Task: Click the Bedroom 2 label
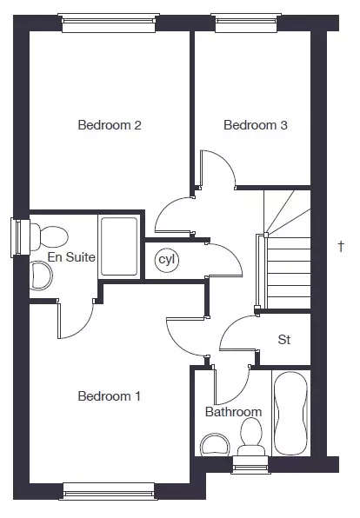click(x=110, y=125)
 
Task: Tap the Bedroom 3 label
click(x=255, y=125)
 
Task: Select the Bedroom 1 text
click(x=109, y=396)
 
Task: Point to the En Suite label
click(x=71, y=257)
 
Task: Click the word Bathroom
click(x=233, y=412)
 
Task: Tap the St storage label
click(x=284, y=340)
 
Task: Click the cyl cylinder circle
click(x=167, y=260)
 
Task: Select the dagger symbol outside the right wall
click(x=341, y=246)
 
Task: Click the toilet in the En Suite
click(x=49, y=236)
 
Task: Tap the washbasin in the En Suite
click(x=42, y=276)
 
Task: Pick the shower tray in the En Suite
click(x=119, y=246)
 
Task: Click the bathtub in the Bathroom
click(x=291, y=414)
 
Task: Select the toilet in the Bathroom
click(x=251, y=436)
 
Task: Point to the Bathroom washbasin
click(x=215, y=445)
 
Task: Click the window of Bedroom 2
click(x=109, y=23)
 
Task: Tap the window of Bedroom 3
click(x=246, y=23)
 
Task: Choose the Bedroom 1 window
click(x=109, y=491)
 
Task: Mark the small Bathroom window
click(x=250, y=465)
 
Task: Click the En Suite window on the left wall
click(x=20, y=237)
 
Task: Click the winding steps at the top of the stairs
click(x=287, y=214)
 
